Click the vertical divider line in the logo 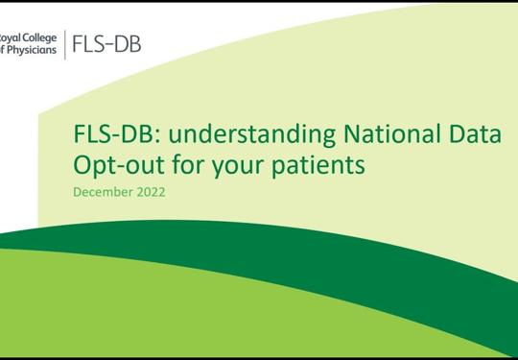65,44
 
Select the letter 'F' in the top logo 80,44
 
